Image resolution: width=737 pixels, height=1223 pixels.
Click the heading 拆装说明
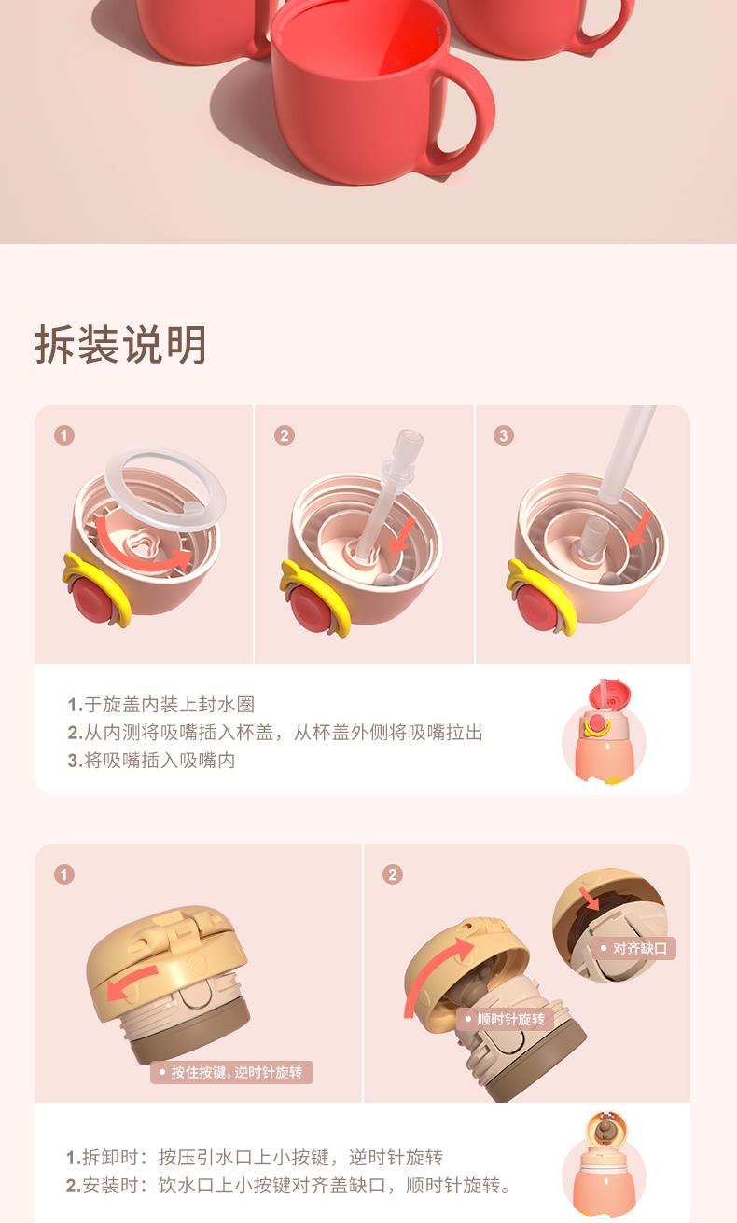point(120,345)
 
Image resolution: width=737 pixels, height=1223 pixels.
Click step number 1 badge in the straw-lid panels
point(64,435)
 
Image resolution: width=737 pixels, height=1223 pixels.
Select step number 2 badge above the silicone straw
point(285,435)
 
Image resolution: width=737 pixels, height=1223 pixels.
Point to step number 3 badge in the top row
point(504,435)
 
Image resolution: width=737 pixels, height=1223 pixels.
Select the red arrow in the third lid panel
point(639,529)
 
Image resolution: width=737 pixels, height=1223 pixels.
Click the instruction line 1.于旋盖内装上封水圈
point(161,705)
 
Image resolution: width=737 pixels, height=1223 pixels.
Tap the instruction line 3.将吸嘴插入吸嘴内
point(151,761)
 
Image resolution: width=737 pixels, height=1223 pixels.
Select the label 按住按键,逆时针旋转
point(231,1072)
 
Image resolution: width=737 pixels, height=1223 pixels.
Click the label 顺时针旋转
point(506,1019)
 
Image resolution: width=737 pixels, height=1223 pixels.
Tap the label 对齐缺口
point(634,948)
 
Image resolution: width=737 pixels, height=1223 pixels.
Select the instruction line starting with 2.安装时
point(288,1186)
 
